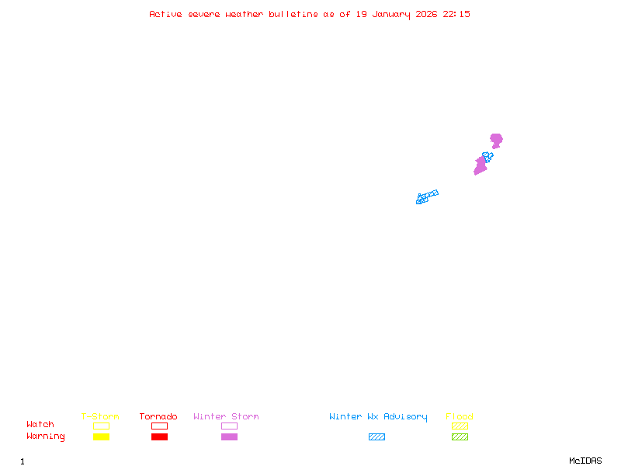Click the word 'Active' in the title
tap(166, 14)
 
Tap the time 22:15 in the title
tap(456, 14)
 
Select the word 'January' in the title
tap(391, 14)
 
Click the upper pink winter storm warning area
tap(496, 140)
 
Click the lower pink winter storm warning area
tap(480, 166)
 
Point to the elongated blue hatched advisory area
tap(427, 196)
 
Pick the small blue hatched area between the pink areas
tap(487, 156)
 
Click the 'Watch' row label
tap(40, 425)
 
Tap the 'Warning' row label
tap(46, 436)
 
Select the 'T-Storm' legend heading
tap(100, 417)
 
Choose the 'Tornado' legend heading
tap(158, 417)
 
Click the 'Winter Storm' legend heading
tap(226, 417)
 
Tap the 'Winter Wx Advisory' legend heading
tap(378, 417)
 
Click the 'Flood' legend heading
tap(460, 417)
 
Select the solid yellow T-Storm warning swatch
tap(101, 437)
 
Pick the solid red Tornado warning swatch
tap(159, 437)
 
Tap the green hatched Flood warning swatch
tap(460, 437)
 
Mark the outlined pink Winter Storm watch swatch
tap(229, 426)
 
